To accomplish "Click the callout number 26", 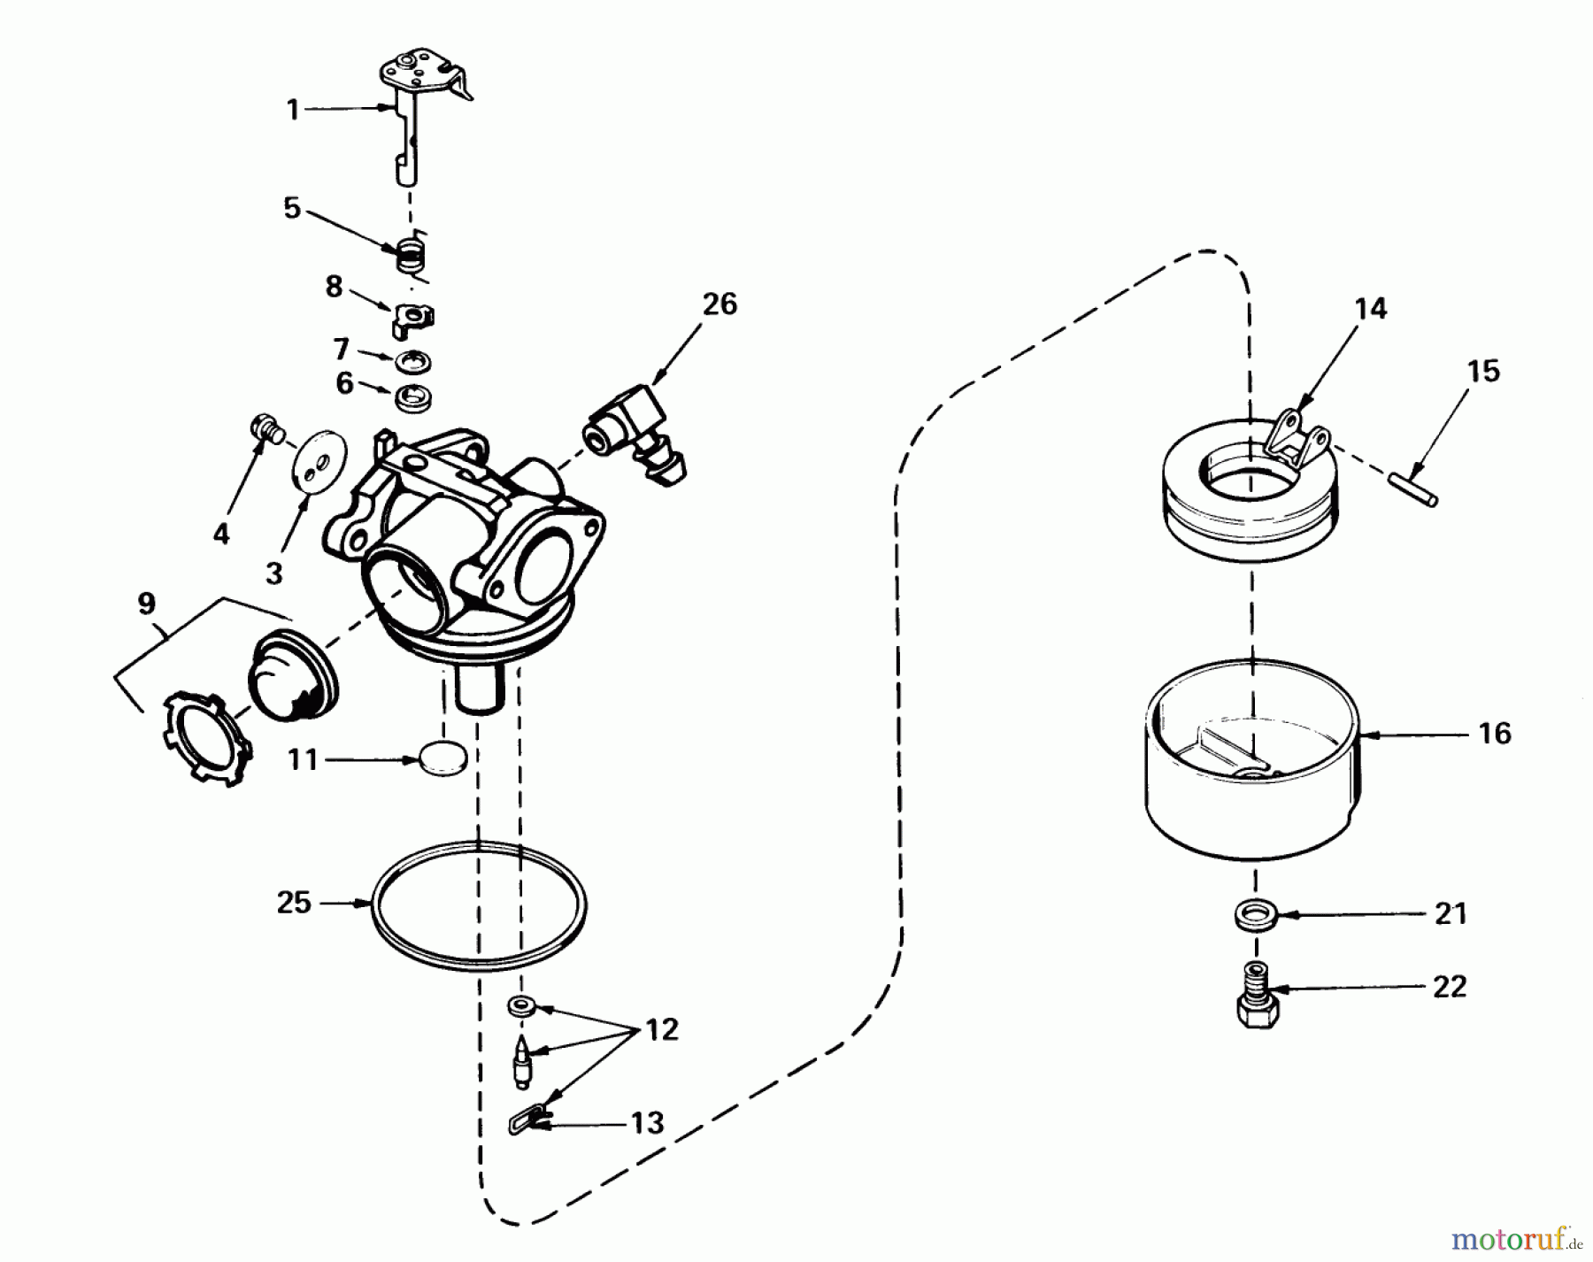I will [x=720, y=304].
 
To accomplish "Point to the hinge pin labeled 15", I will [x=1412, y=489].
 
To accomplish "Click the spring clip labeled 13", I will [x=527, y=1123].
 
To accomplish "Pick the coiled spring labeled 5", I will [x=409, y=257].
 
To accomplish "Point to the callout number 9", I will [x=147, y=604].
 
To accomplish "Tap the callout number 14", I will [x=1370, y=309].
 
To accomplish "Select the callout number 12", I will [x=660, y=1029].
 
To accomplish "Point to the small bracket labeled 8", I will [x=412, y=319].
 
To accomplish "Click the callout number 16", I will [x=1494, y=733].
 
